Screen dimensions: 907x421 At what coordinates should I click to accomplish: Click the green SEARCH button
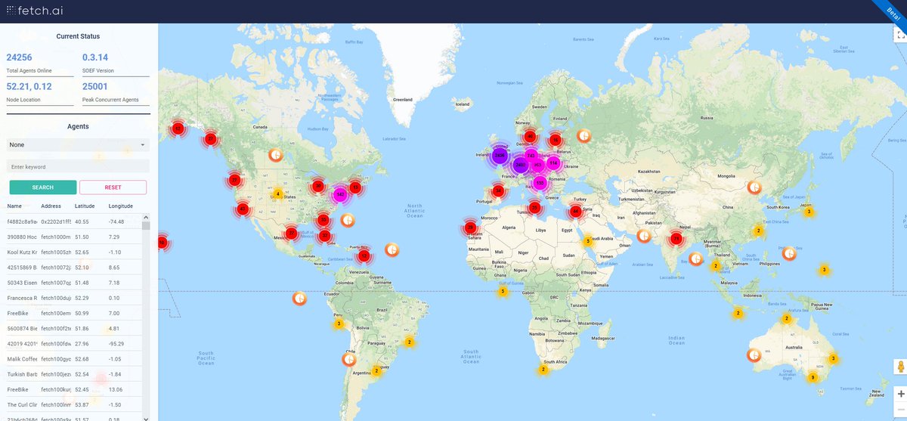[x=43, y=187]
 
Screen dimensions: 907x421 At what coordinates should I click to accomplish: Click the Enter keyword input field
[x=78, y=166]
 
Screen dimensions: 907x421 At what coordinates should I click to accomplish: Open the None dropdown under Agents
[x=78, y=144]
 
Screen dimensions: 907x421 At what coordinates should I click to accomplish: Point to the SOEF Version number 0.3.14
[x=95, y=57]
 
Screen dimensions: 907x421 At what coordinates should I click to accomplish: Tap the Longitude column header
[x=120, y=206]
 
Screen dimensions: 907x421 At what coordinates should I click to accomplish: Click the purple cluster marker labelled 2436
[x=499, y=156]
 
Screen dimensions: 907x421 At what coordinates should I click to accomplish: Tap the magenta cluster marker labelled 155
[x=539, y=183]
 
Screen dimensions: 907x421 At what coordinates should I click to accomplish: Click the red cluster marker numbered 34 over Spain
[x=497, y=190]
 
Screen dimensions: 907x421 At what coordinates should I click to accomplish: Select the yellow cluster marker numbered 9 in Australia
[x=813, y=377]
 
